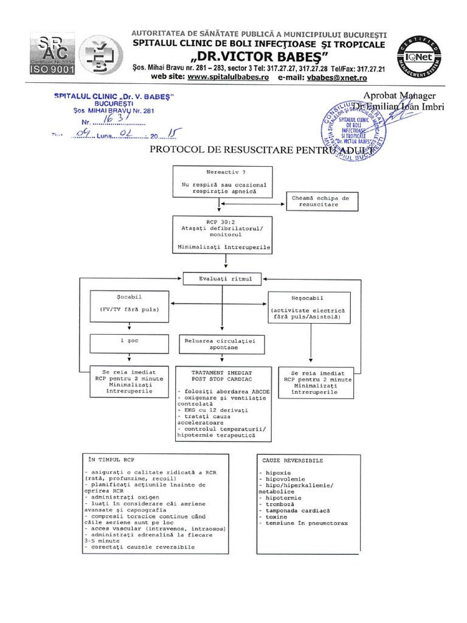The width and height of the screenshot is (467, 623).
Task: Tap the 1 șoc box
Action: click(126, 341)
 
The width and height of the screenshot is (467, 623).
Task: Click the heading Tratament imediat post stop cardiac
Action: click(222, 374)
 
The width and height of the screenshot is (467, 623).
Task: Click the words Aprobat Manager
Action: click(400, 96)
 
